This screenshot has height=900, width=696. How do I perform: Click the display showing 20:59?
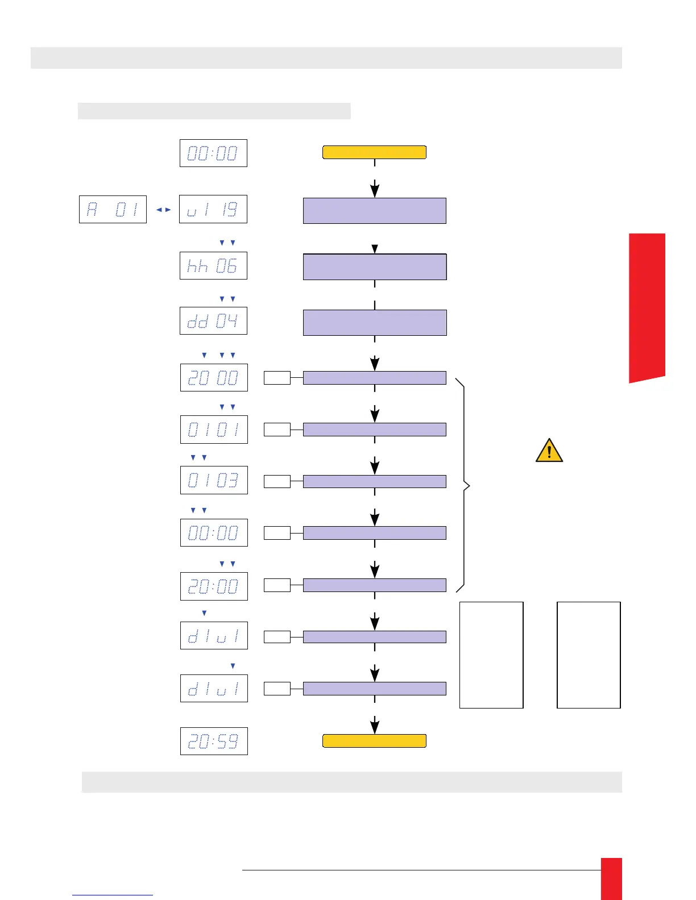coord(214,741)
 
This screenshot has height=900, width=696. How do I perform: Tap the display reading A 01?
coord(113,209)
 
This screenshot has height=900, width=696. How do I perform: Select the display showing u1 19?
coord(213,209)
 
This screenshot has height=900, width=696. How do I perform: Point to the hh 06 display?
coord(213,266)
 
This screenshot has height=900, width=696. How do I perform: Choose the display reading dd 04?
coord(213,321)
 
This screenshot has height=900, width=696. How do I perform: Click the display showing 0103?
coord(214,480)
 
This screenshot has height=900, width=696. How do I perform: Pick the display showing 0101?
coord(214,429)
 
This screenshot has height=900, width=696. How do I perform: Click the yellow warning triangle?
coord(549,451)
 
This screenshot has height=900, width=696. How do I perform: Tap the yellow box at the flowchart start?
coord(374,152)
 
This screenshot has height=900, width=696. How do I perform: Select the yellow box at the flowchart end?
coord(374,741)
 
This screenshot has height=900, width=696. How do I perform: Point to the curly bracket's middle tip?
coord(469,486)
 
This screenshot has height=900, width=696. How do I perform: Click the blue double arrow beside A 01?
coord(163,210)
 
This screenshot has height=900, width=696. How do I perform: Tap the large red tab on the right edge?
coord(647,307)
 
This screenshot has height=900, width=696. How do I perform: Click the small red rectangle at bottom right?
coord(611,878)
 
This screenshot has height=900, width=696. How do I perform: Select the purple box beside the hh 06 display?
coord(375,267)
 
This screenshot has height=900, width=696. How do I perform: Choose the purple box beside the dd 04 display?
coord(375,323)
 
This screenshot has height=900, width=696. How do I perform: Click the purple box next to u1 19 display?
coord(375,211)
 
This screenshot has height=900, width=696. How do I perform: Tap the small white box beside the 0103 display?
coord(277,481)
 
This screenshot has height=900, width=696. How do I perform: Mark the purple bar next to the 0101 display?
coord(375,430)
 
